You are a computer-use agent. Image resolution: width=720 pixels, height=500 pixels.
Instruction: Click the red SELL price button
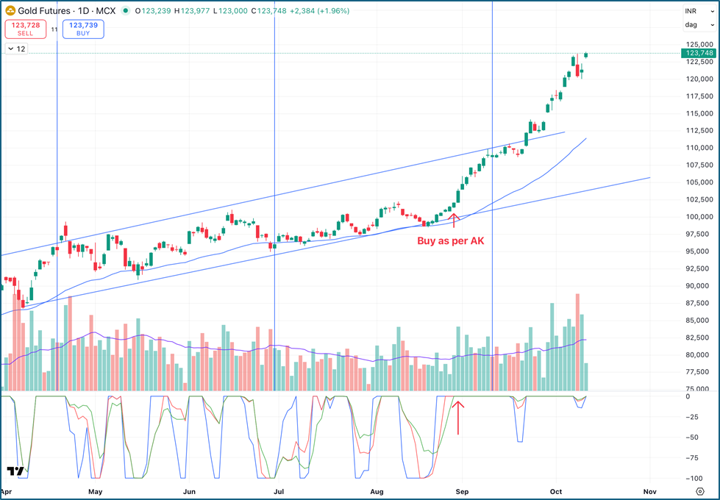point(25,29)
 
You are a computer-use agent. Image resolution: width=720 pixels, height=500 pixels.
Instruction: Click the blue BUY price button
point(84,29)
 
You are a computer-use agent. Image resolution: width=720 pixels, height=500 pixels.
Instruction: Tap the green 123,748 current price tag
point(699,53)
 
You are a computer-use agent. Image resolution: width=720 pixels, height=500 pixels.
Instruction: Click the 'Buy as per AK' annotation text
point(451,240)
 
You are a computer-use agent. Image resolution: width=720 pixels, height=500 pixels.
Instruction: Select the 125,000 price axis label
point(699,45)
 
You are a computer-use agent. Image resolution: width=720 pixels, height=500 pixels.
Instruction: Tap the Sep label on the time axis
point(462,491)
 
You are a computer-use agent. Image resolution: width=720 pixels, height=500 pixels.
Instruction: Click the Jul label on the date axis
point(279,491)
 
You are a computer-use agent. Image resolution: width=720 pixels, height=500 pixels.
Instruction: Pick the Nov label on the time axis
point(649,491)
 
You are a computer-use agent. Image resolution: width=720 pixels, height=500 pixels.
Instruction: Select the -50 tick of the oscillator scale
point(694,438)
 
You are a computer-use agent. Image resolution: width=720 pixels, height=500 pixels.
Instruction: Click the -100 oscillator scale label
point(694,478)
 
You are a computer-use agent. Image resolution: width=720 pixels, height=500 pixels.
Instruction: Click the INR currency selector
point(691,11)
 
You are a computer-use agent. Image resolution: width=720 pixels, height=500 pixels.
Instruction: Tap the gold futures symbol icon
point(10,11)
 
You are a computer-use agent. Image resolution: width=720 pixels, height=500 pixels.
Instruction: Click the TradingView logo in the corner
point(15,471)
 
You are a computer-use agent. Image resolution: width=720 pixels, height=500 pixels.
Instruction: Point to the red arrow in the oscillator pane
point(458,417)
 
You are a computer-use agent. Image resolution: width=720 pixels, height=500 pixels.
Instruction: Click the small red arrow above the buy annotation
point(454,219)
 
